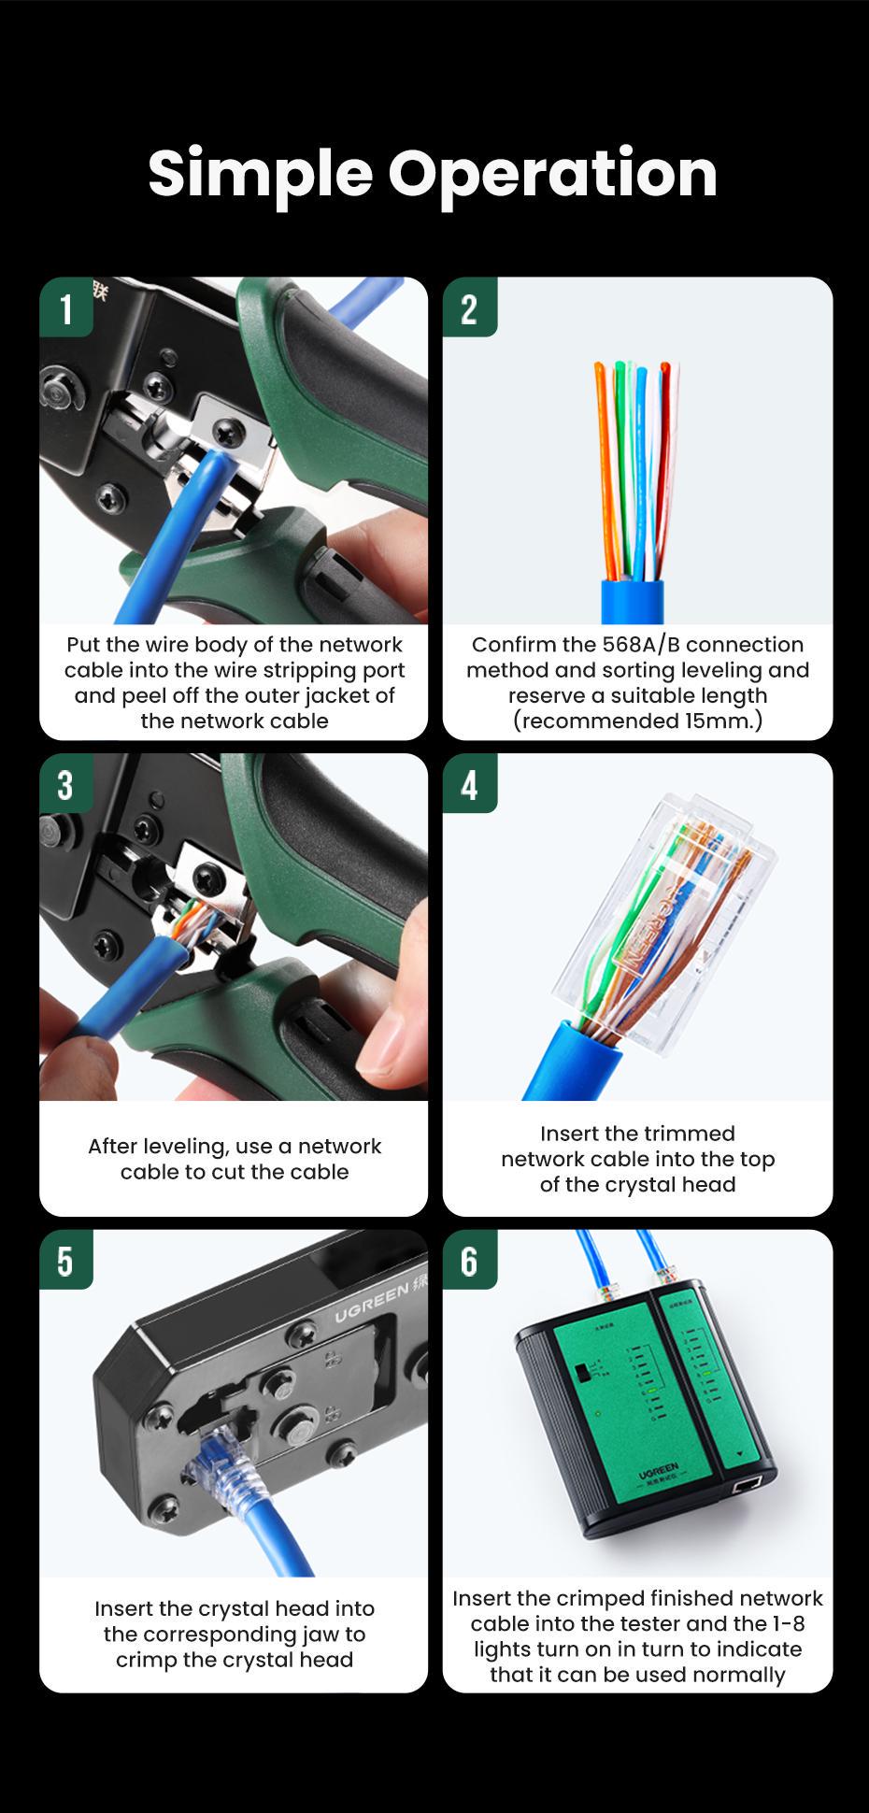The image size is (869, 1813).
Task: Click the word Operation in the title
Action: (x=552, y=174)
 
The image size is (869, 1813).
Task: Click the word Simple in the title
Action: (x=260, y=174)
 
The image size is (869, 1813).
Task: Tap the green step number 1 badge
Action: (x=65, y=308)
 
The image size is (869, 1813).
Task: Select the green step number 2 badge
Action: (x=469, y=308)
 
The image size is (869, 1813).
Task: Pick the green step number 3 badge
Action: (x=65, y=785)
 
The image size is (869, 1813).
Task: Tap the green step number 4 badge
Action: (x=469, y=785)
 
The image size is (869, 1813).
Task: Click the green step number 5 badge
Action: (x=65, y=1261)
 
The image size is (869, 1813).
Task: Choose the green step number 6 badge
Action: (x=469, y=1261)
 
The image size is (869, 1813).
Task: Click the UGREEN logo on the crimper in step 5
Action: (x=371, y=1303)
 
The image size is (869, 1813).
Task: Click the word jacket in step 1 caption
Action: (x=340, y=696)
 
